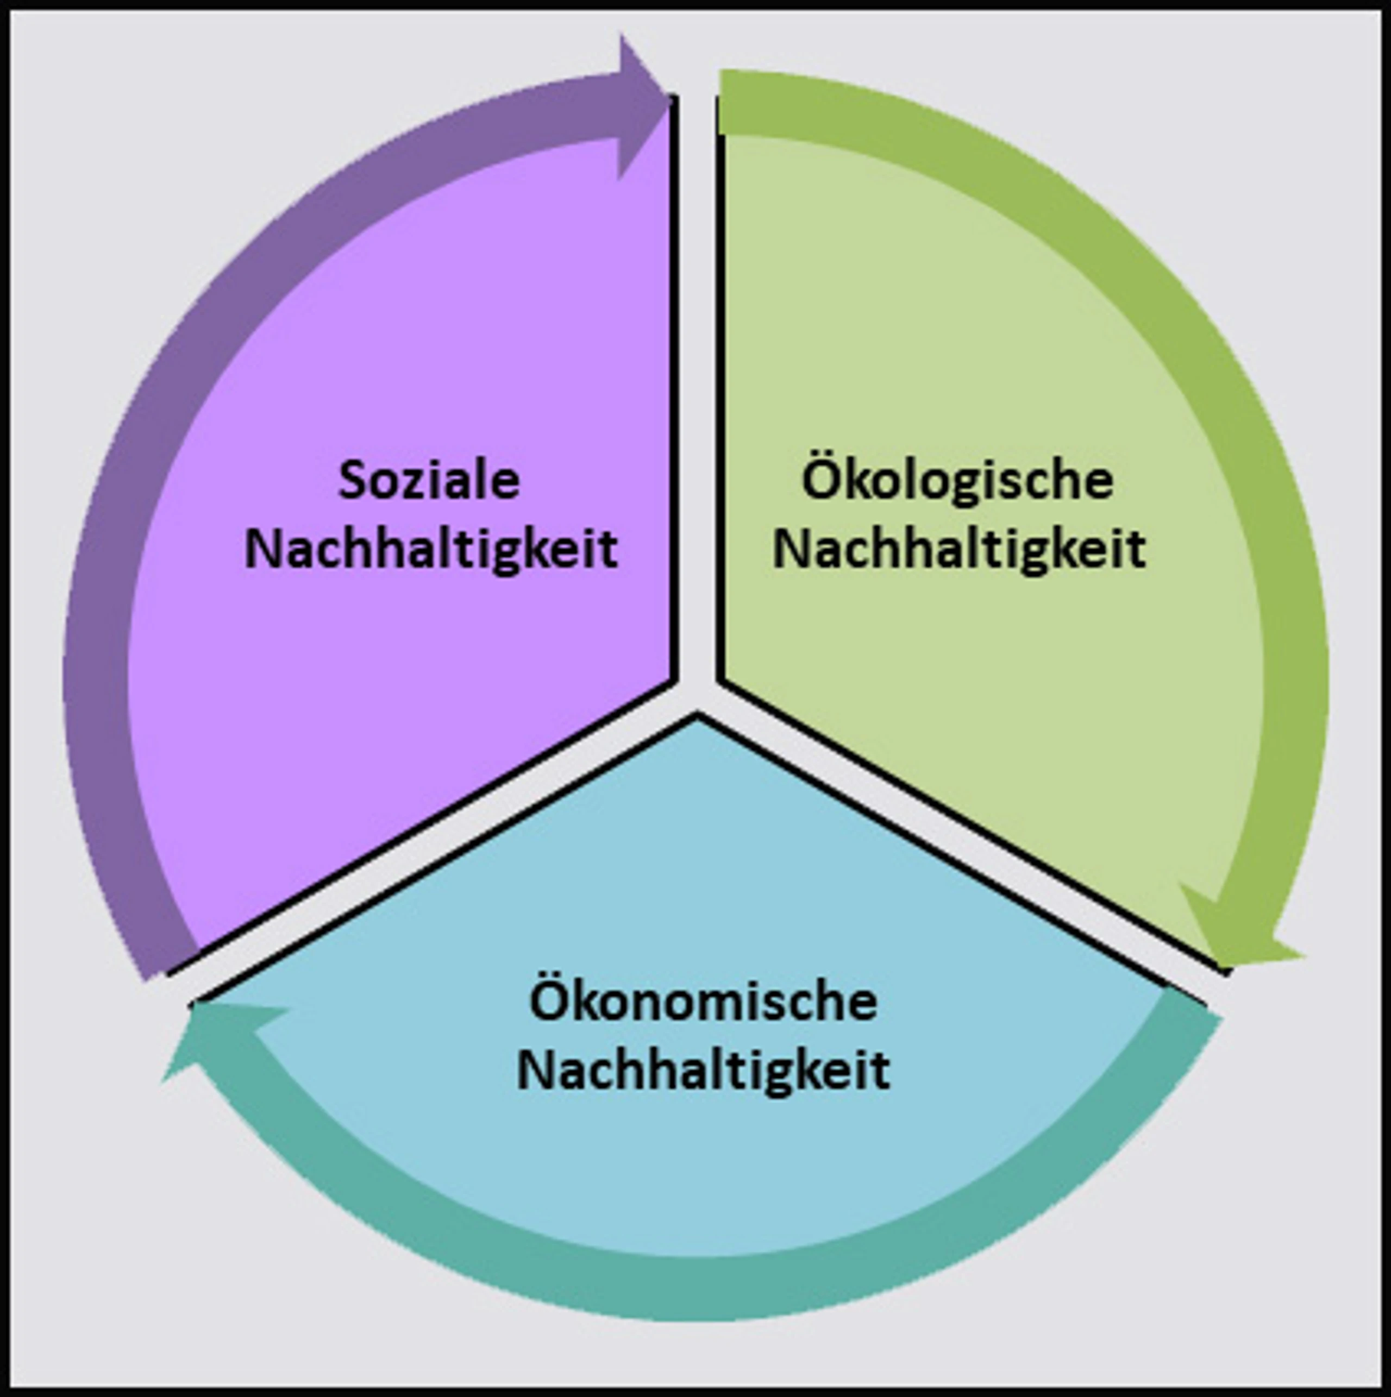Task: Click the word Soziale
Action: click(429, 480)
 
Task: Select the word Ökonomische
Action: click(703, 1000)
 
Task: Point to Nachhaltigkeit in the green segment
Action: click(959, 549)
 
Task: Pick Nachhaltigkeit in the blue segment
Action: click(703, 1069)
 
